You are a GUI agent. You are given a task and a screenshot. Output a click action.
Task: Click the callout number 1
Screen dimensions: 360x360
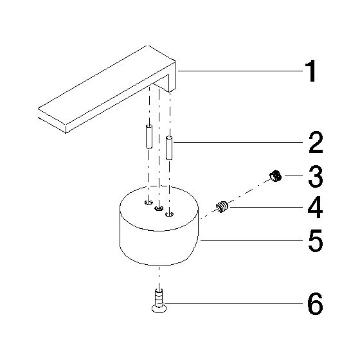(310, 71)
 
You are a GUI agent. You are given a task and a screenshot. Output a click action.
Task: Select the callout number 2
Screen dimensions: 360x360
(316, 143)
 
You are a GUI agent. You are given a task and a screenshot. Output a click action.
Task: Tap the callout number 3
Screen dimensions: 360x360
(316, 176)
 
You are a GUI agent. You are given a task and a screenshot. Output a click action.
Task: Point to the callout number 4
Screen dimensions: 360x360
(315, 207)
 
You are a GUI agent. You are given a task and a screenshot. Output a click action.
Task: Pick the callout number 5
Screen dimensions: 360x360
(316, 240)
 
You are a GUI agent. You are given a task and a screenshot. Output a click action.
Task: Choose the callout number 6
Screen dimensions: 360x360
(316, 303)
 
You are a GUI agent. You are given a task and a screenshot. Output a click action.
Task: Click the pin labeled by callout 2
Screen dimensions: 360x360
(169, 148)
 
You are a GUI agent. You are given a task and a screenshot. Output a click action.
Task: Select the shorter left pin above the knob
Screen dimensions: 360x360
(149, 136)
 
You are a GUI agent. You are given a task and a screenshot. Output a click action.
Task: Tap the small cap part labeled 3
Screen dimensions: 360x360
(276, 176)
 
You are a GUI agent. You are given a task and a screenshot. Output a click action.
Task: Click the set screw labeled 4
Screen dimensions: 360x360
(222, 206)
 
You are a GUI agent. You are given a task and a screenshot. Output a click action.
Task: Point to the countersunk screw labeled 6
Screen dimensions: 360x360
(159, 301)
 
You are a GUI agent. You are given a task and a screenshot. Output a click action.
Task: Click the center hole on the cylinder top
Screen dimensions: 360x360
(159, 208)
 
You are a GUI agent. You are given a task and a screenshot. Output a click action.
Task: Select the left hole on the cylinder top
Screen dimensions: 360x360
(148, 203)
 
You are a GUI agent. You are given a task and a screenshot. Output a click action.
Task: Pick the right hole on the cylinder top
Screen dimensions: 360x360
(170, 215)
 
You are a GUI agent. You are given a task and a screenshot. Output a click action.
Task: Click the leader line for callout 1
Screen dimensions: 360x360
(240, 71)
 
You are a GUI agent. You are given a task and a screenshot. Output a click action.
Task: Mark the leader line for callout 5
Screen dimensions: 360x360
(252, 240)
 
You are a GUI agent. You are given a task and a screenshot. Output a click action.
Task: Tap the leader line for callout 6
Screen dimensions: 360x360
(234, 303)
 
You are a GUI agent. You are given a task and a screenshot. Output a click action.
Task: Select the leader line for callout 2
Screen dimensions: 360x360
(239, 142)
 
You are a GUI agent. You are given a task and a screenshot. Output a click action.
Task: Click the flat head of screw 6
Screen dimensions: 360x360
(159, 309)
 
